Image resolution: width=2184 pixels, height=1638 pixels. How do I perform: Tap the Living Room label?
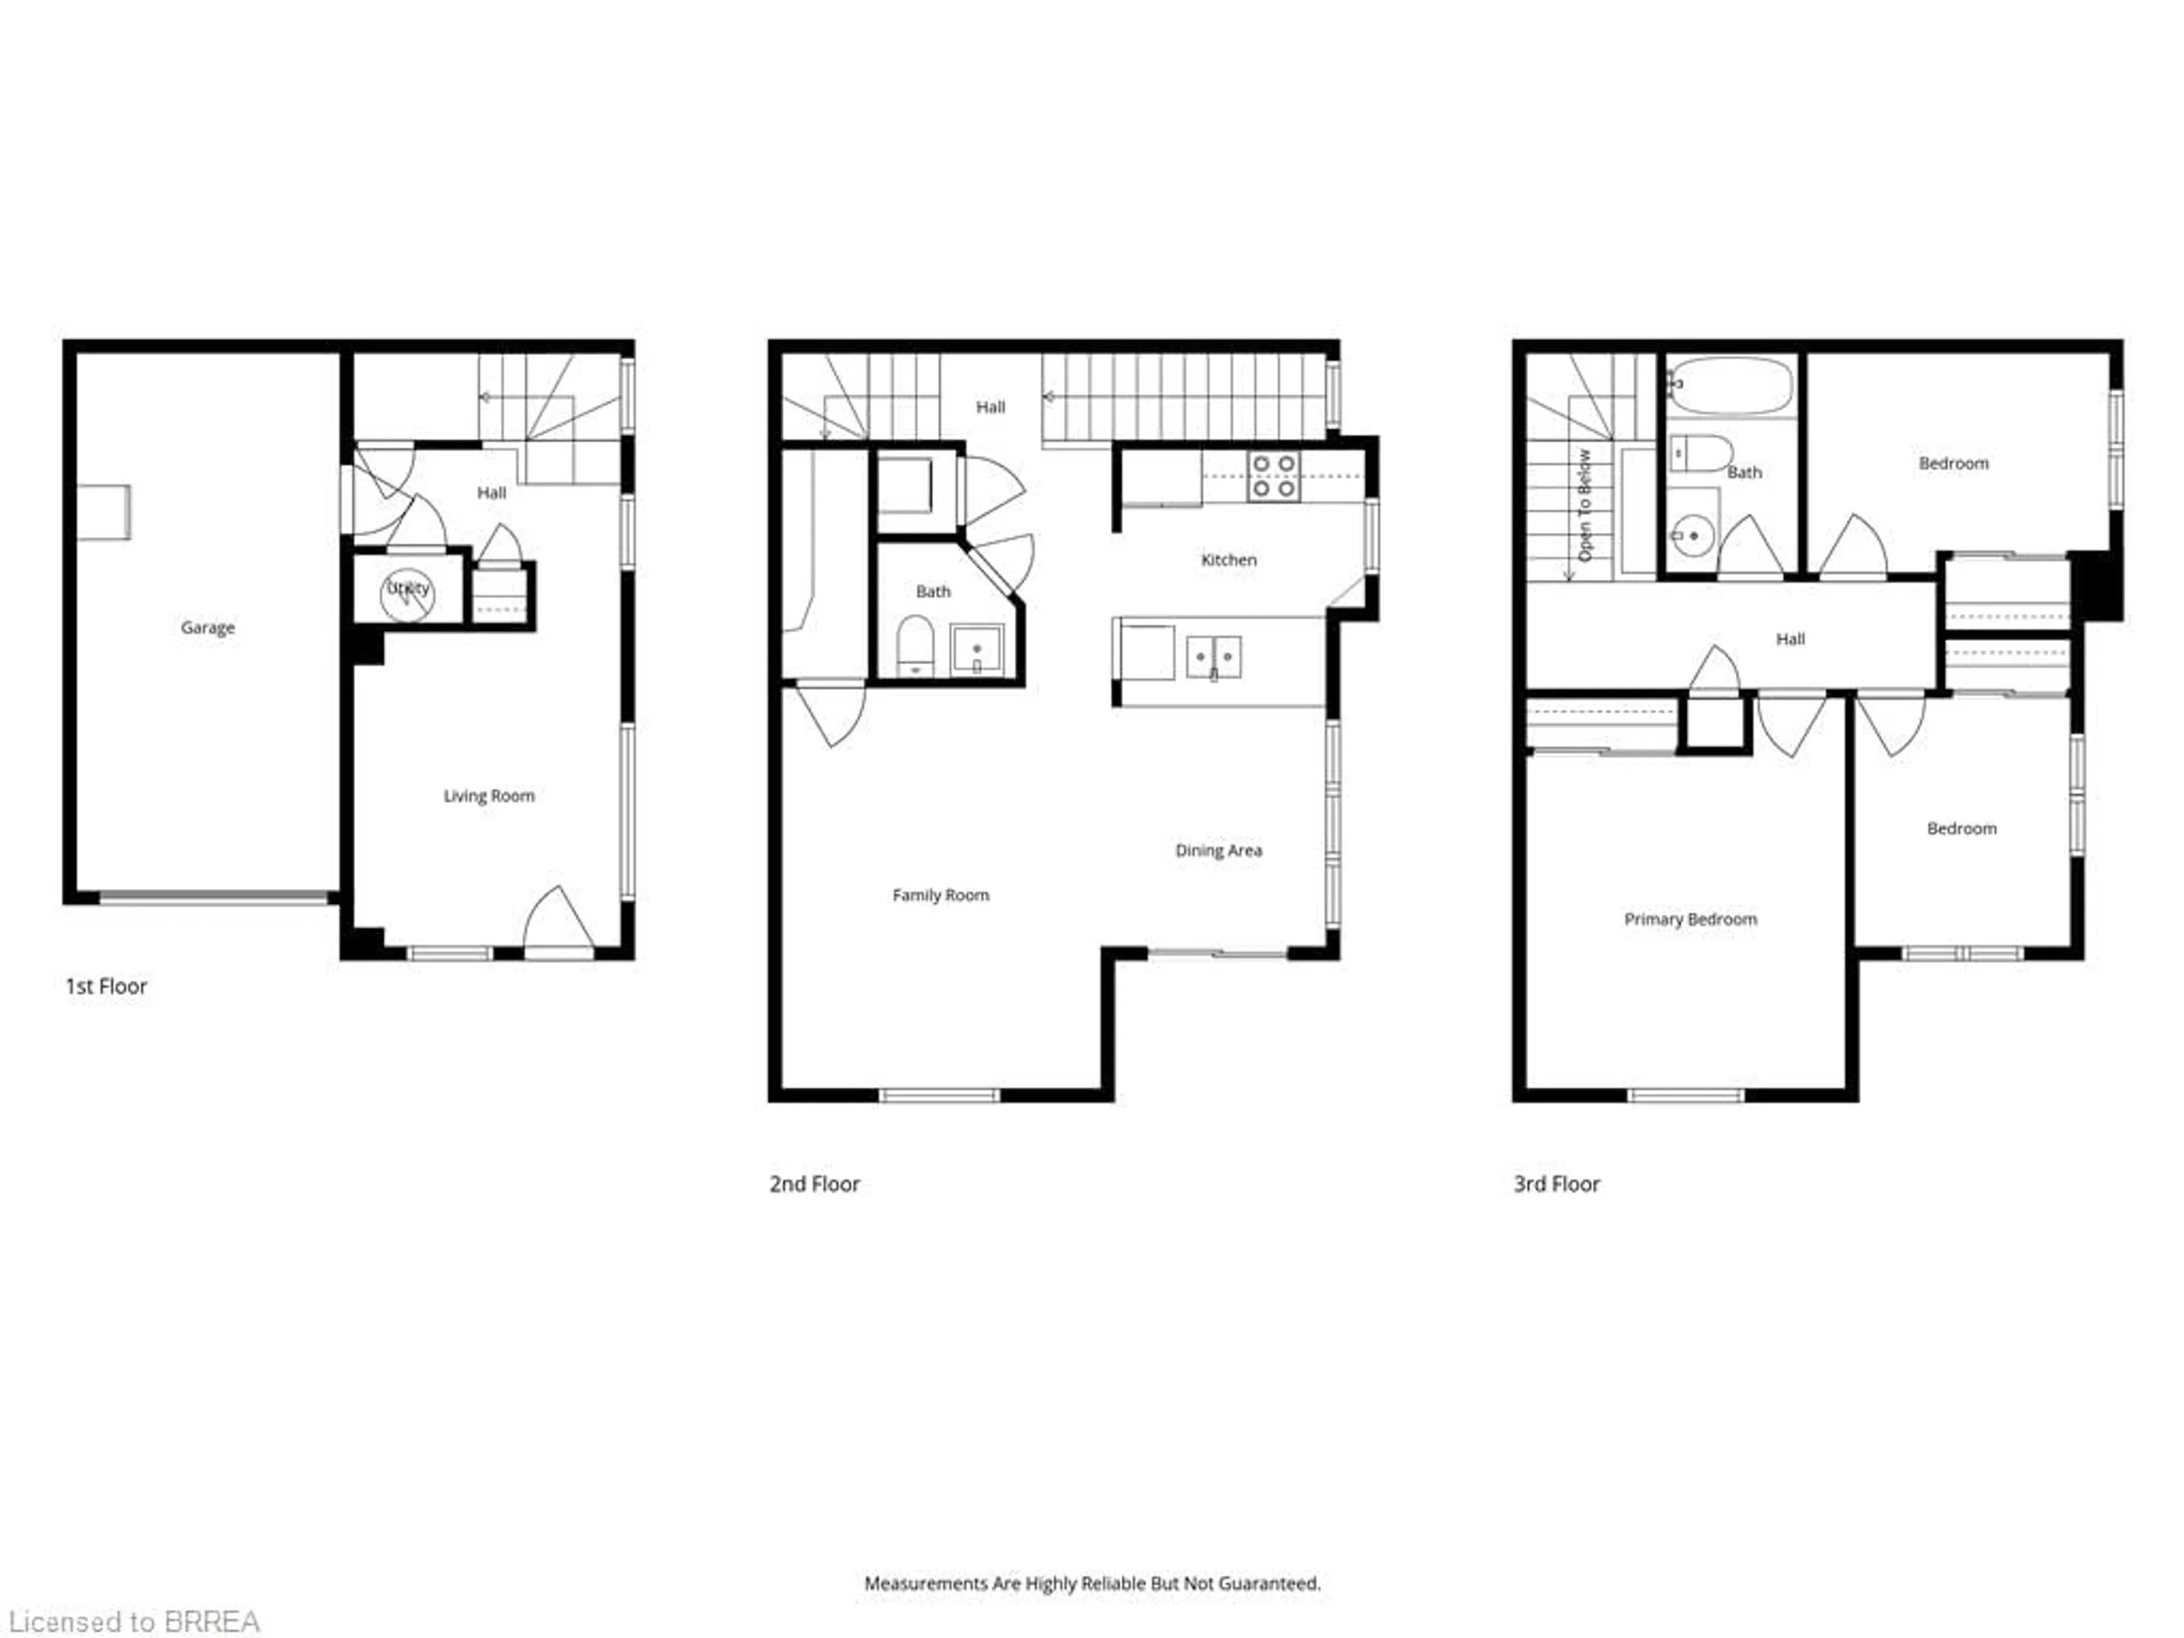click(x=489, y=796)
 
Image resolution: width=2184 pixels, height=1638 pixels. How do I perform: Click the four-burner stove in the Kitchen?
click(x=1273, y=476)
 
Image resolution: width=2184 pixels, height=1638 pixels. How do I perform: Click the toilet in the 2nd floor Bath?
click(x=915, y=647)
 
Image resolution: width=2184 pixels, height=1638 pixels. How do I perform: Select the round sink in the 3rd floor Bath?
click(x=1692, y=536)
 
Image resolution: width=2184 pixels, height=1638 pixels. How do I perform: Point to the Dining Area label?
click(x=1218, y=850)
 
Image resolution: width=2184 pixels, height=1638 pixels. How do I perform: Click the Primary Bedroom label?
click(x=1690, y=919)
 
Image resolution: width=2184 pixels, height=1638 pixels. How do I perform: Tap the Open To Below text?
click(x=1585, y=506)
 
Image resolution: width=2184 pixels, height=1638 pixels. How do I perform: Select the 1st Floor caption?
click(x=106, y=986)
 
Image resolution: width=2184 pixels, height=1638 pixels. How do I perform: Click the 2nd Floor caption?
click(x=814, y=1184)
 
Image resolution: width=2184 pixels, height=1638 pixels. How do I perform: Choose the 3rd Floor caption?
click(x=1556, y=1184)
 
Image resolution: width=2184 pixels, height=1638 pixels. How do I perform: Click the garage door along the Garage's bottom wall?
click(x=215, y=897)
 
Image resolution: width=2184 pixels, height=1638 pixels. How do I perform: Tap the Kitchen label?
click(x=1228, y=560)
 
